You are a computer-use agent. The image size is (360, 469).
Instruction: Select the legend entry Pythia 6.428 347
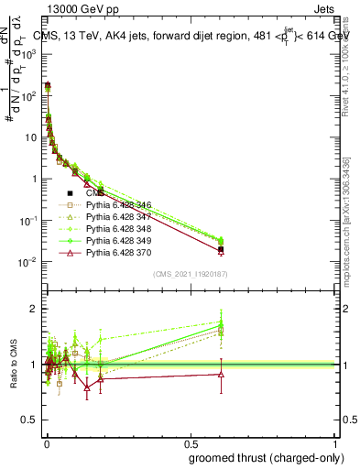coord(118,218)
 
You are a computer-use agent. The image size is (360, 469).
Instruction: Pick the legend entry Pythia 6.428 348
coord(118,229)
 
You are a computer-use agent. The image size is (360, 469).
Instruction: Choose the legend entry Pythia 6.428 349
coord(118,240)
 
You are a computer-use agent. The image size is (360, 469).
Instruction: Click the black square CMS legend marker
coord(70,194)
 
